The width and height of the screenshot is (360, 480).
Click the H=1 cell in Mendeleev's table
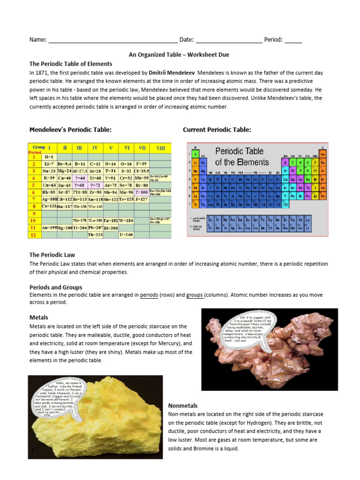49,156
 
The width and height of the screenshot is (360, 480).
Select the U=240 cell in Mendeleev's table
127,234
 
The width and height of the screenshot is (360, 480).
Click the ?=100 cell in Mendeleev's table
142,192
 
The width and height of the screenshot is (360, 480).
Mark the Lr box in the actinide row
307,229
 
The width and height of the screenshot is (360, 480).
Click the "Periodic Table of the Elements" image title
242,157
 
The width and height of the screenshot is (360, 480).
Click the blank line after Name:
112,40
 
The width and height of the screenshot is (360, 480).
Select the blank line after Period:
293,40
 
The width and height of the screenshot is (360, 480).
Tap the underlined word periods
149,295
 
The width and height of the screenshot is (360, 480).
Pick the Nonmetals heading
183,405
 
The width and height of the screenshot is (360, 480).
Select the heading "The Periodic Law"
52,255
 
